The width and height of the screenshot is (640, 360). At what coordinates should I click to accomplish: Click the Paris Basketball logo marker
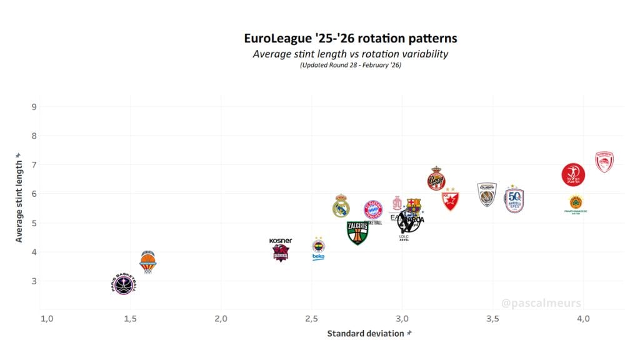[x=123, y=284]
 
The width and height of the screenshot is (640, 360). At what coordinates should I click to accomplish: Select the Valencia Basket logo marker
[x=147, y=261]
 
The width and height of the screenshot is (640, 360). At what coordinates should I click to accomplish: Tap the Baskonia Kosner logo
[x=281, y=250]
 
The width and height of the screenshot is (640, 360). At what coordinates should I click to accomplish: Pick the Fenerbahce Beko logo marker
[x=319, y=248]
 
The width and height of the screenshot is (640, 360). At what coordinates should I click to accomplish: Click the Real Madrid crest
[x=341, y=206]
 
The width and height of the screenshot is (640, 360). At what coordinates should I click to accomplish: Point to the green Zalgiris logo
[x=357, y=232]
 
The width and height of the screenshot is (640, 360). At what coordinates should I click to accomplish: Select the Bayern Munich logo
[x=372, y=209]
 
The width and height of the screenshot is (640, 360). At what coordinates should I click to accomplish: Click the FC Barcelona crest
[x=414, y=206]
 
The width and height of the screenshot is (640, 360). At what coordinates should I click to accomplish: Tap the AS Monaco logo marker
[x=436, y=179]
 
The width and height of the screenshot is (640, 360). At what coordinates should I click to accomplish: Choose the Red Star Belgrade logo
[x=450, y=199]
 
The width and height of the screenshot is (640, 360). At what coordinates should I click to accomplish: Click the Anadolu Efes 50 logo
[x=514, y=200]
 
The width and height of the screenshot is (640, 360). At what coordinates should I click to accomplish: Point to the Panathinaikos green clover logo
[x=576, y=203]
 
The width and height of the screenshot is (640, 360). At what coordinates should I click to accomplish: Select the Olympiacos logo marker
[x=604, y=162]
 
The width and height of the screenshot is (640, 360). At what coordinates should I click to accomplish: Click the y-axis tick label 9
[x=34, y=106]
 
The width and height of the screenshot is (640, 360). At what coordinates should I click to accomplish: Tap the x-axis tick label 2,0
[x=221, y=319]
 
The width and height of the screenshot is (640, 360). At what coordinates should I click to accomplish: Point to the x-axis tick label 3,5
[x=492, y=319]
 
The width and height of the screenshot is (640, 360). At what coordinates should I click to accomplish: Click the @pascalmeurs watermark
[x=541, y=303]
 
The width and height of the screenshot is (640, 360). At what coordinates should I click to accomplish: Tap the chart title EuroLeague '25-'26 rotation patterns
[x=350, y=38]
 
